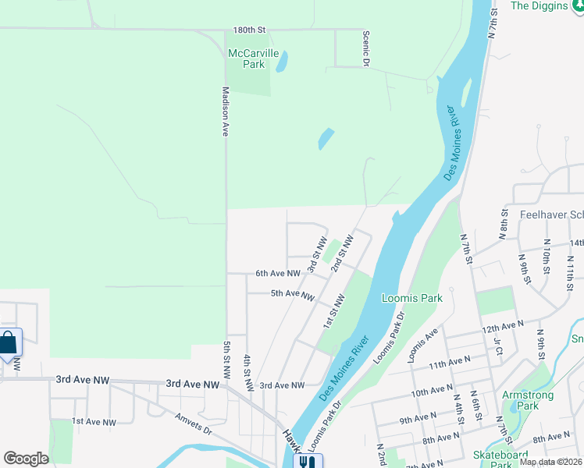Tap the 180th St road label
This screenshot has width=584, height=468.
tap(250, 30)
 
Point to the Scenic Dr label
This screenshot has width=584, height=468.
tap(365, 48)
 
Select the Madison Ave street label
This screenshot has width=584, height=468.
tap(225, 112)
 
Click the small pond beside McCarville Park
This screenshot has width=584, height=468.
tap(281, 61)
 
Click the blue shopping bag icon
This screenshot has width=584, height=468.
tap(9, 342)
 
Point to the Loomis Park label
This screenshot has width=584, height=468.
tap(411, 298)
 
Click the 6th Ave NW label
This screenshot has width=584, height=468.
tap(278, 274)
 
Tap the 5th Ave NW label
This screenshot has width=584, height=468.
tap(292, 294)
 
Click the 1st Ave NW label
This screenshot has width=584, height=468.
tap(94, 422)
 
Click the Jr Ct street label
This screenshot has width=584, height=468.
tap(497, 346)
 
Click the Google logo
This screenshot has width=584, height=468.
tap(26, 459)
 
